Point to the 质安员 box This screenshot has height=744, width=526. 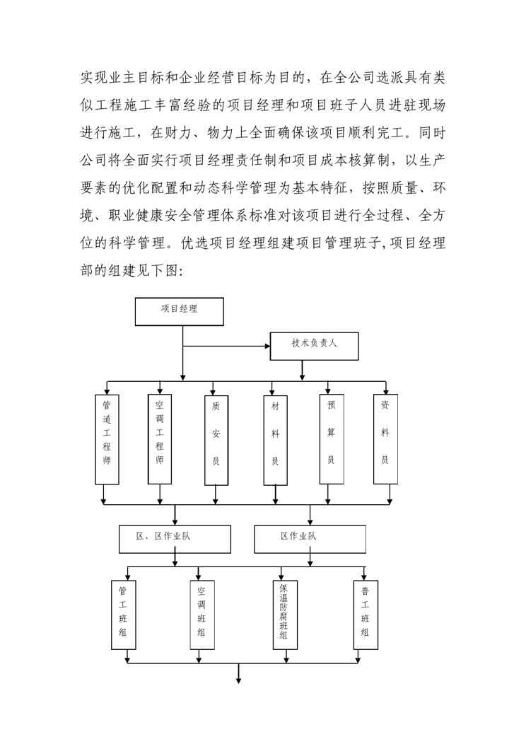(216, 439)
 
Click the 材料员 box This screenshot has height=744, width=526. (275, 439)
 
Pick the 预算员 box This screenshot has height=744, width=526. (331, 439)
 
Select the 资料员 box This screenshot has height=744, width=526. (385, 438)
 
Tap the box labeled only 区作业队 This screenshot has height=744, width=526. (310, 540)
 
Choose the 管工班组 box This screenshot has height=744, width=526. (124, 614)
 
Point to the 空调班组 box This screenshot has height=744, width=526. (201, 614)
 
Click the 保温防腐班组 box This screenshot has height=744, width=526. (283, 614)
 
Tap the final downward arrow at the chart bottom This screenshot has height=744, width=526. (239, 680)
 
